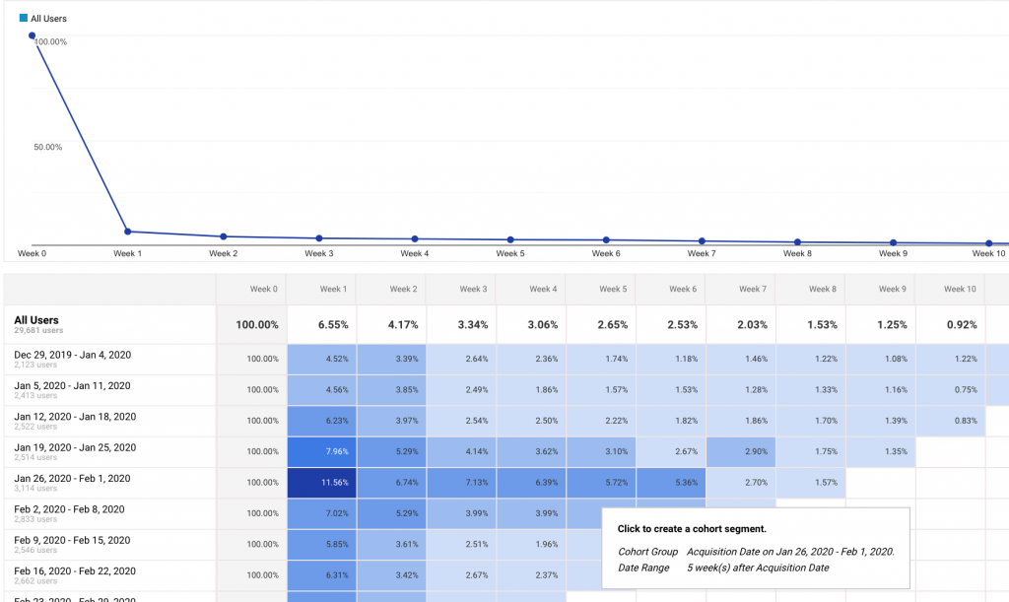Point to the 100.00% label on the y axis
pos(50,41)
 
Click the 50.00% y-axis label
pos(47,147)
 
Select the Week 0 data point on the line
pos(32,35)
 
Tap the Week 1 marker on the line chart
pos(127,232)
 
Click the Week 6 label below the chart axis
pos(605,253)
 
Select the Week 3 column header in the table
pos(472,289)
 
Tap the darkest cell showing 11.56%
pos(322,483)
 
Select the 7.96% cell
pos(322,451)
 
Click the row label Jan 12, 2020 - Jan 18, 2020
pos(75,417)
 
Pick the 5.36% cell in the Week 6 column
pos(671,483)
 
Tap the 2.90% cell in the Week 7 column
pos(741,451)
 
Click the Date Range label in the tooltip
pos(643,568)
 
